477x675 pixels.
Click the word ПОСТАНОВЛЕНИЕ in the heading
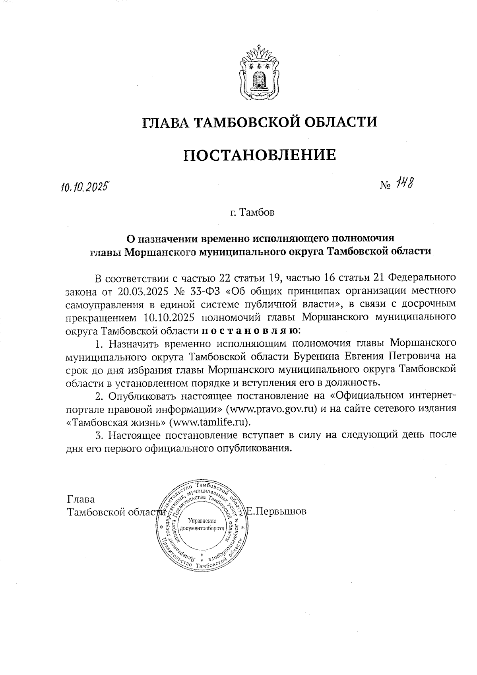pos(260,155)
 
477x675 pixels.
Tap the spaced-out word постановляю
pos(250,330)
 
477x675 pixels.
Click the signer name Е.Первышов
pos(276,512)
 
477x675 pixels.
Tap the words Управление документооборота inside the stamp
pos(202,525)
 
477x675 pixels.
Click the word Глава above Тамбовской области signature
pos(81,499)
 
